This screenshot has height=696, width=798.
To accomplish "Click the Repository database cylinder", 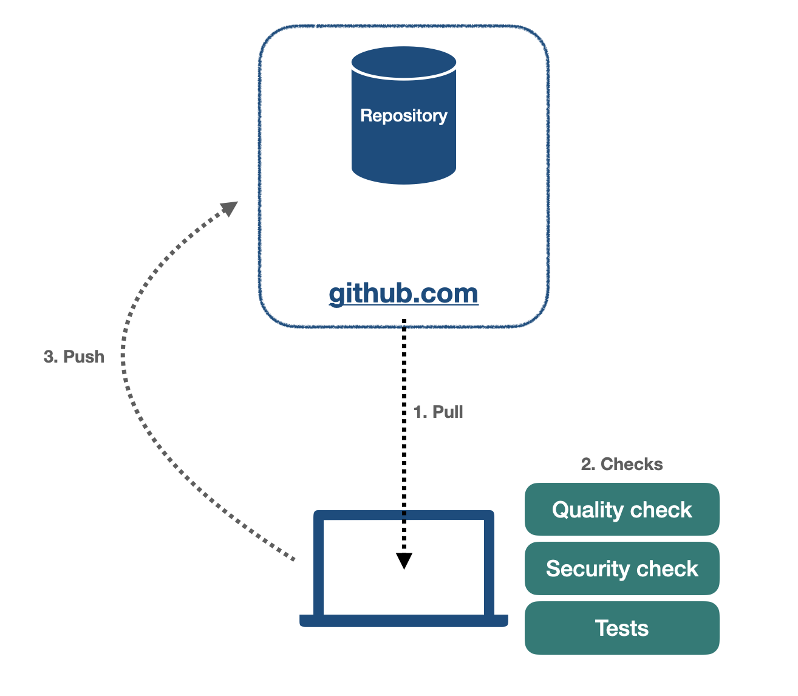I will click(x=404, y=146).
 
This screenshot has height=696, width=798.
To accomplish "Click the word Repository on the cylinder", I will click(x=404, y=115).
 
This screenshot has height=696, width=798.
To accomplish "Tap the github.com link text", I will click(x=404, y=293).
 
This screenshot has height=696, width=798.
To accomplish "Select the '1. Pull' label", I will click(x=438, y=412).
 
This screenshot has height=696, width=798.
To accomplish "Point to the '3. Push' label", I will click(x=74, y=357).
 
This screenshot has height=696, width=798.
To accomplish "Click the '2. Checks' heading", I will click(x=622, y=464).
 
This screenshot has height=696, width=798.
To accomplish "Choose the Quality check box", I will click(x=622, y=510).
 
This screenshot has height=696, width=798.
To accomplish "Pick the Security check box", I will click(x=622, y=568).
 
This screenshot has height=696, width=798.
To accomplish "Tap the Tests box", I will click(x=622, y=628).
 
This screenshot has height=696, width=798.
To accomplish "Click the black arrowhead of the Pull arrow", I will click(x=404, y=560).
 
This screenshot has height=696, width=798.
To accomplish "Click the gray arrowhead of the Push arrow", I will click(x=230, y=208).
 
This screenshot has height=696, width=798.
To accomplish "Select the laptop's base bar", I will click(x=404, y=620).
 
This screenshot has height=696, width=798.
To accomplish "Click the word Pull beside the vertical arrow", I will click(x=448, y=412).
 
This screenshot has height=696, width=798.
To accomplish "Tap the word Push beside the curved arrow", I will click(x=84, y=357).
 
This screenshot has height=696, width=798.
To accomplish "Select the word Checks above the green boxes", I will click(x=632, y=464).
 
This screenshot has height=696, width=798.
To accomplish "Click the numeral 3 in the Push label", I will click(x=48, y=357).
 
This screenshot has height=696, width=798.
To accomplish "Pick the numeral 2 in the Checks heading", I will click(x=586, y=464).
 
